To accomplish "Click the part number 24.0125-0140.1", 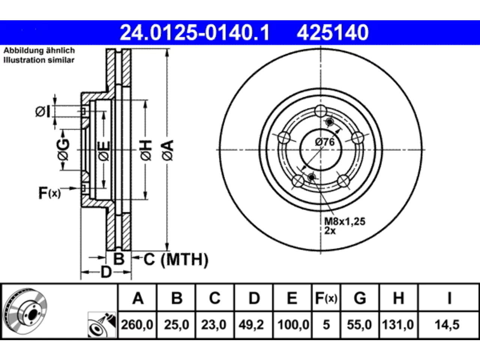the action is coord(195,33).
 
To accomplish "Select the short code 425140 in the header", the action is coord(333,33).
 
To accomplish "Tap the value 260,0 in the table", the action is coord(137,325).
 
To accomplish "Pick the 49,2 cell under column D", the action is coord(251,325).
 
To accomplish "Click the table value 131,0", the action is coord(398,325).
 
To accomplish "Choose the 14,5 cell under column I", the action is coord(447,325).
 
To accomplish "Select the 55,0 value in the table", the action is coord(359,325).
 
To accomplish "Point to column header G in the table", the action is coord(360,298).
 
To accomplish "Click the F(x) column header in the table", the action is coord(326,298).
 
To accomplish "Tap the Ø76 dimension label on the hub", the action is coord(325,142).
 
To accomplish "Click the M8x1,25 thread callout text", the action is coord(345,221).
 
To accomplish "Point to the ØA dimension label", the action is coord(168,150).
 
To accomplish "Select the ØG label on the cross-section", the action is coord(63,150).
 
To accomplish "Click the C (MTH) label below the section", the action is coord(176,259).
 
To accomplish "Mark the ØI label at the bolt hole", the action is coord(43,111).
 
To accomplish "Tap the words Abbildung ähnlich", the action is coord(39,51).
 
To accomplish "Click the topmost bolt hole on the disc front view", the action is coord(321,111).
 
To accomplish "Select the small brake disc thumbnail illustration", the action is coord(25,311).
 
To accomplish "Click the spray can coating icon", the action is coord(102,325).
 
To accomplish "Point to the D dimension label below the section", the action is coord(106,272).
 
